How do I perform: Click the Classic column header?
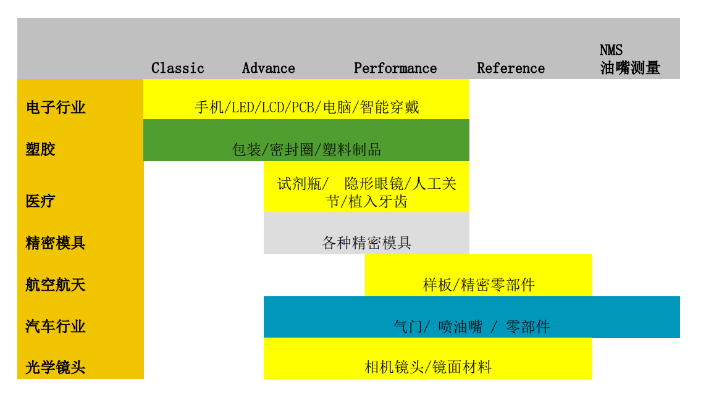(x=177, y=69)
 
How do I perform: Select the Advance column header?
(x=268, y=69)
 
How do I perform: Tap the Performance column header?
(x=395, y=69)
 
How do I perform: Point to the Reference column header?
(x=511, y=69)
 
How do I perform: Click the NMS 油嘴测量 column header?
(x=630, y=59)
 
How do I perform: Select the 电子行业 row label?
(x=56, y=107)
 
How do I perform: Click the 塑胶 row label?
(x=41, y=149)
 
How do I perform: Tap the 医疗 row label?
(x=41, y=201)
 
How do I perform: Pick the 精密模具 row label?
(x=56, y=243)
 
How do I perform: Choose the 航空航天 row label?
(x=56, y=285)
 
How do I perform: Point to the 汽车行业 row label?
(x=56, y=326)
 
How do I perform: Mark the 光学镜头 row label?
(x=56, y=367)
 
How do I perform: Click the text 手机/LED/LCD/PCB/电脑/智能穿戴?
(x=306, y=107)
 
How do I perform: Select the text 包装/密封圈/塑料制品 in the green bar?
(x=306, y=149)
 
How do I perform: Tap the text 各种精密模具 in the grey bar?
(x=366, y=243)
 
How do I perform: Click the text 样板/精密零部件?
(x=479, y=285)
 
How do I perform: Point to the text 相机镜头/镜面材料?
(x=428, y=367)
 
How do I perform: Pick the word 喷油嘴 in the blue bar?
(x=460, y=326)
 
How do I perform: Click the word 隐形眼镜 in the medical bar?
(x=374, y=183)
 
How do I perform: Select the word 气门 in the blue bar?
(x=408, y=326)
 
